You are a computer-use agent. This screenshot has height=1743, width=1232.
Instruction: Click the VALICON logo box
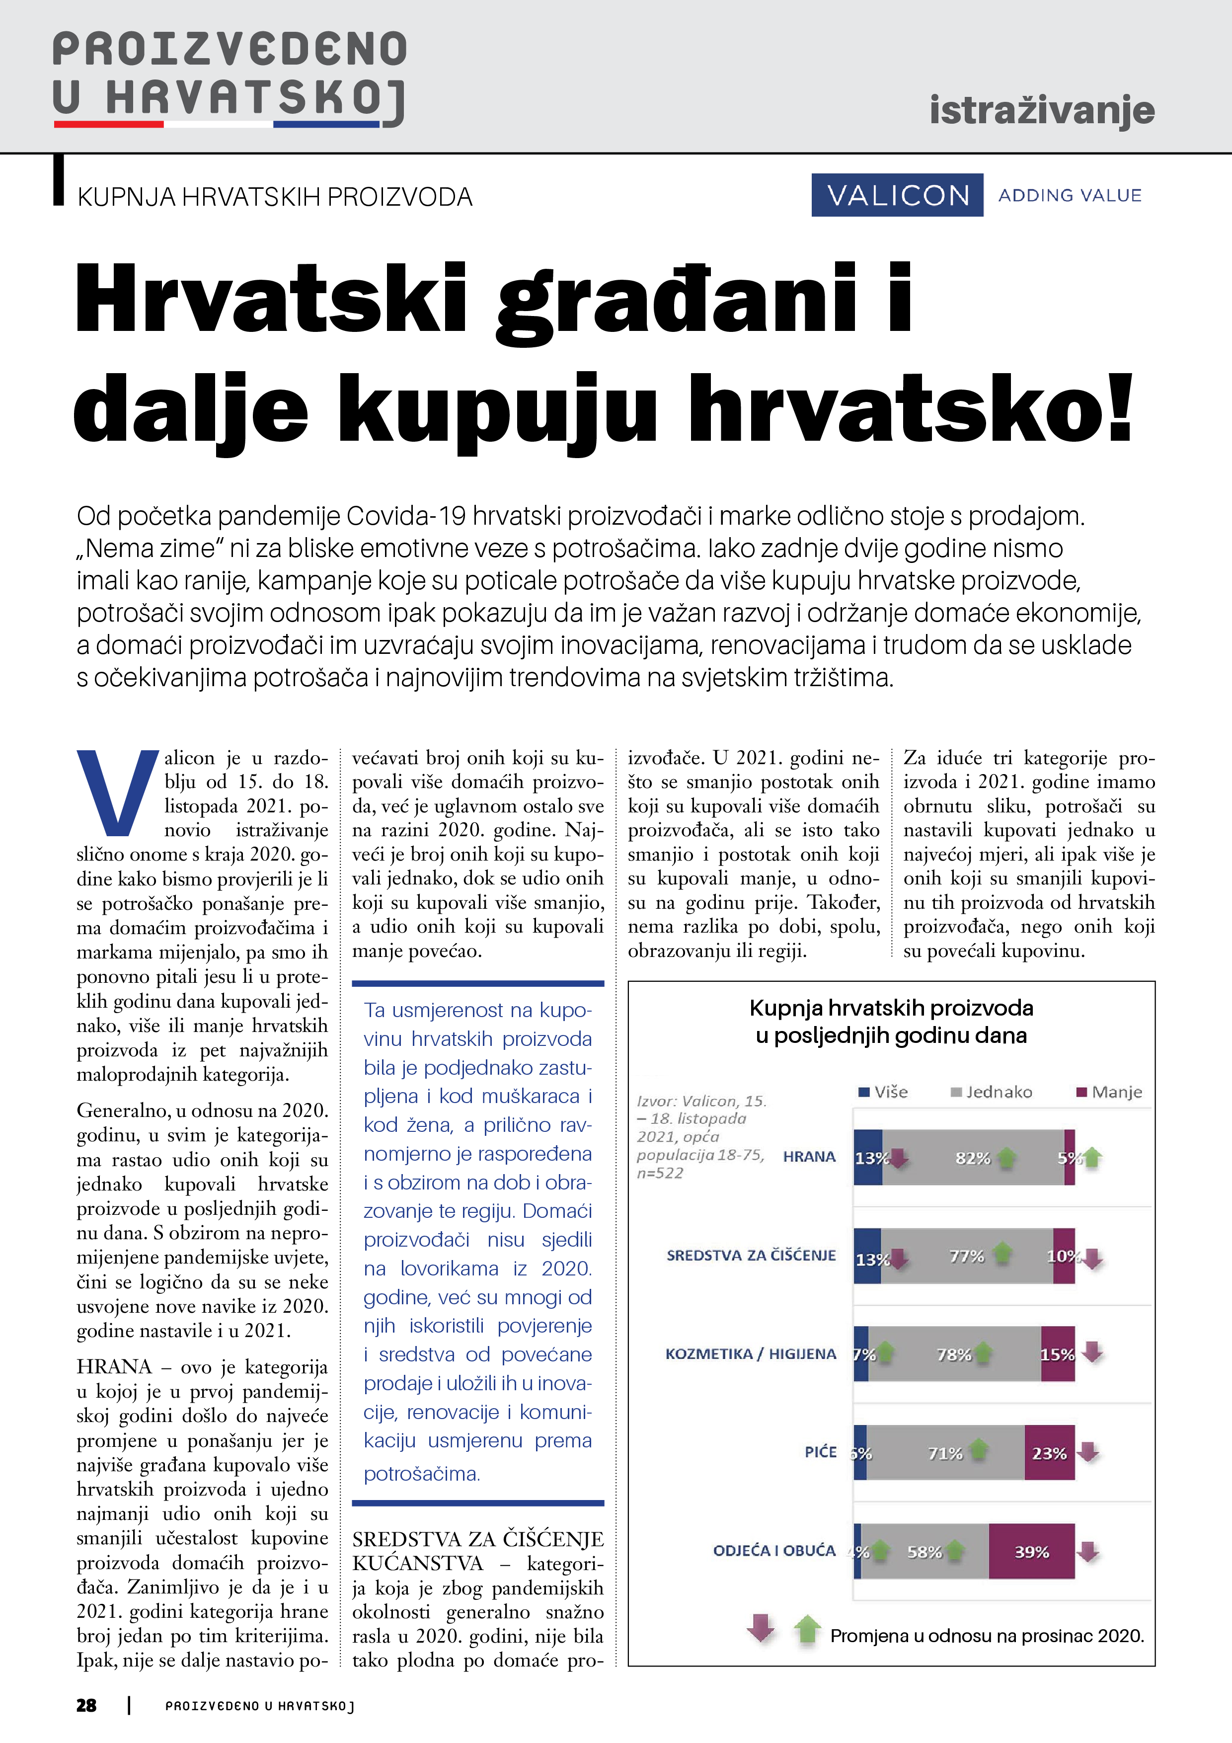coord(897,195)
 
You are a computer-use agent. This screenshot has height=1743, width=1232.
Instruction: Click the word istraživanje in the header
coord(1041,110)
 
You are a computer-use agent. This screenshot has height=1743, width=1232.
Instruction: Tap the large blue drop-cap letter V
coord(117,792)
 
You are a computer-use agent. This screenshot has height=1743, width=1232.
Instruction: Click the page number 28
coord(86,1705)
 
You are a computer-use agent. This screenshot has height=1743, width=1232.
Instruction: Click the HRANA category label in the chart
coord(809,1156)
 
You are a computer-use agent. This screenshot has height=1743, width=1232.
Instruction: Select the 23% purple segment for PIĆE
coord(1049,1453)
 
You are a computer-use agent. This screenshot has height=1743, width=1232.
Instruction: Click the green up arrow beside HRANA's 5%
coord(1092,1157)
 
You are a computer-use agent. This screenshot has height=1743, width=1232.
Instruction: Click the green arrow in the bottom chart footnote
coord(807,1628)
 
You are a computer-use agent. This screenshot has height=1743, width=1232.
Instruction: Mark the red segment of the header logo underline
coord(109,124)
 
